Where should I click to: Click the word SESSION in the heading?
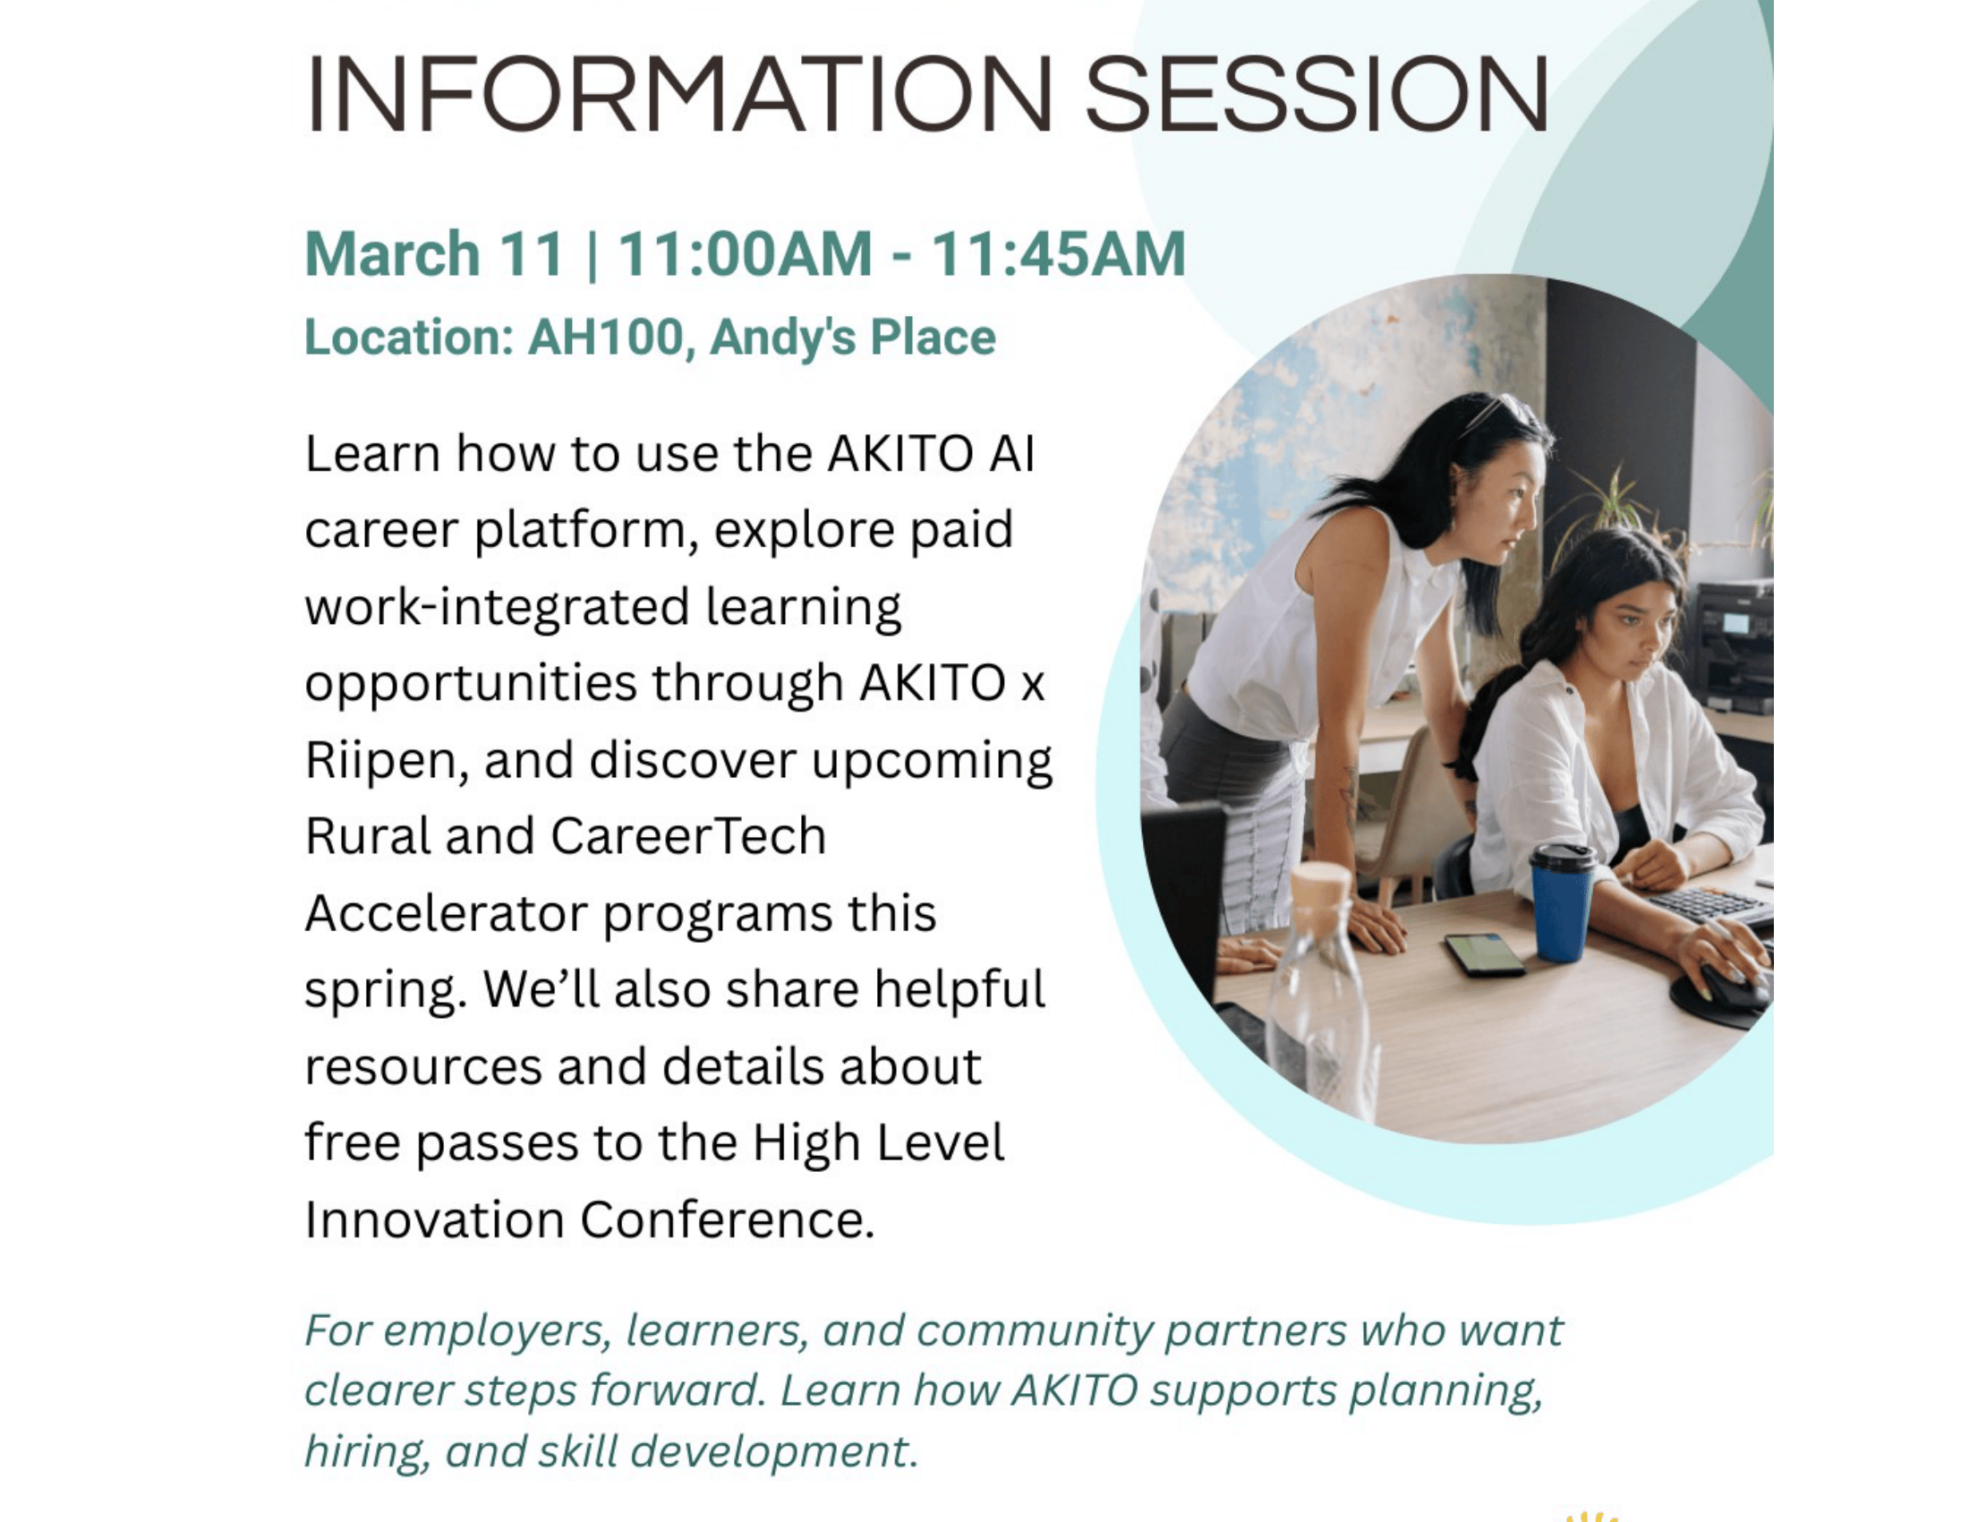[x=1317, y=95]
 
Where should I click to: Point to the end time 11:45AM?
[x=1059, y=253]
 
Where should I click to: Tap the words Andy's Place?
[x=853, y=338]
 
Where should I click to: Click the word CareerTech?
[x=688, y=837]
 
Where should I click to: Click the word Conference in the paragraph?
[x=727, y=1220]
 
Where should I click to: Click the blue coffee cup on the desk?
[x=1562, y=902]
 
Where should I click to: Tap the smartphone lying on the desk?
[x=1484, y=955]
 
